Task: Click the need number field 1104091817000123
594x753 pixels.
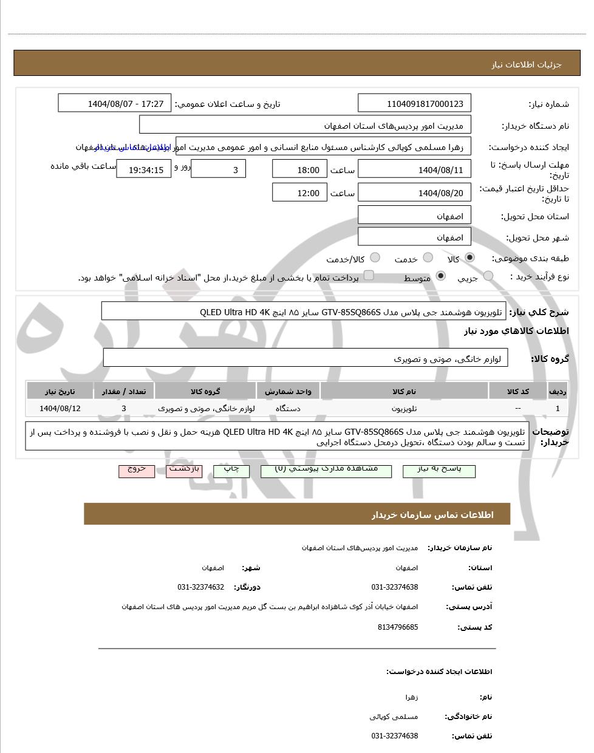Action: [x=415, y=104]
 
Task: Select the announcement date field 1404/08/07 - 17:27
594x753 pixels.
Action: [x=115, y=104]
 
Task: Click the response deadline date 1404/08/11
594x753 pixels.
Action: [x=415, y=169]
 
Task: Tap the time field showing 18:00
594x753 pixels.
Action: [x=299, y=169]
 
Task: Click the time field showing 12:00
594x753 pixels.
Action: [x=299, y=193]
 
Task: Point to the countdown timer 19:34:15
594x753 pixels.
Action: [x=144, y=169]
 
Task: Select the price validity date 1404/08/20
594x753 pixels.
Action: [x=415, y=193]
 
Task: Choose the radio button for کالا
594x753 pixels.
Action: [x=469, y=258]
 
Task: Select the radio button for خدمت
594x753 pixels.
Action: [x=428, y=258]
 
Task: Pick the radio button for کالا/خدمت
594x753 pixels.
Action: [x=375, y=258]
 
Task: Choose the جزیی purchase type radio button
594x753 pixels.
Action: [x=488, y=276]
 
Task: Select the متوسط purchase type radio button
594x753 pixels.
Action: [x=441, y=276]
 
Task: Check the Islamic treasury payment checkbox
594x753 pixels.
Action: [x=369, y=276]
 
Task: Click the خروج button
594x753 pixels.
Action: [x=137, y=470]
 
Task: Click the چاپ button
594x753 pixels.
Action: [x=231, y=470]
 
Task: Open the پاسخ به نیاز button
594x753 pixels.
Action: [x=439, y=470]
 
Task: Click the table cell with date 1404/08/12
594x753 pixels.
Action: [x=60, y=408]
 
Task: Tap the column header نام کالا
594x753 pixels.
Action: [x=405, y=392]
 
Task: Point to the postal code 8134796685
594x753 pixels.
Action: [x=398, y=627]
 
